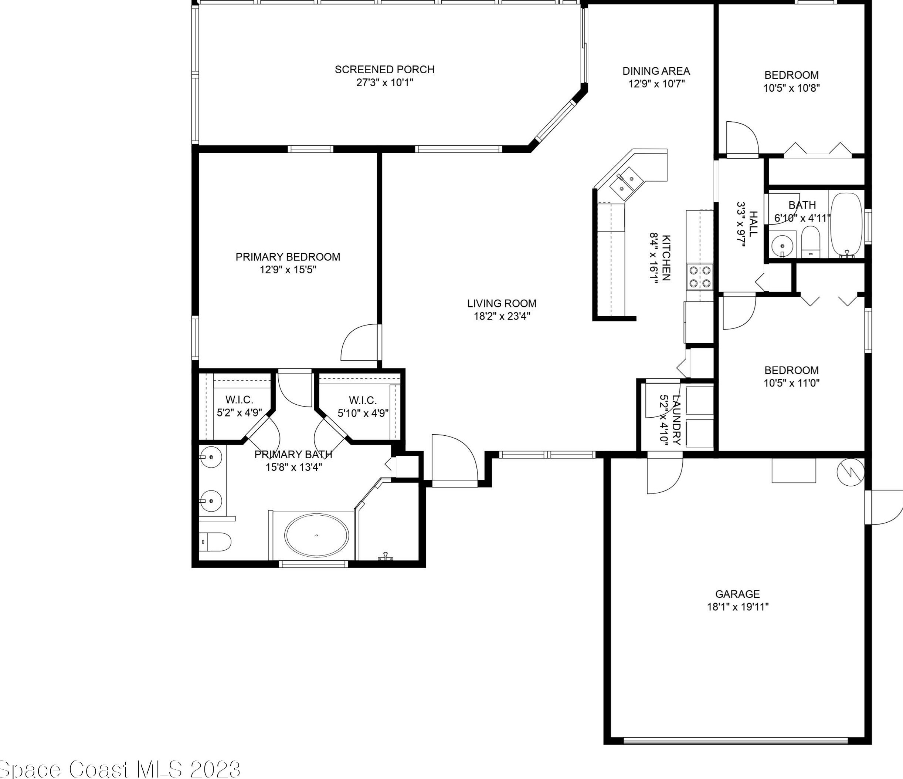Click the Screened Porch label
[x=384, y=69]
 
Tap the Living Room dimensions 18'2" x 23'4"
[x=502, y=316]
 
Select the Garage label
[x=737, y=594]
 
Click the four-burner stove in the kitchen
[x=700, y=277]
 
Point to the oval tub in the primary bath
[x=316, y=535]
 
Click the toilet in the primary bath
[x=215, y=542]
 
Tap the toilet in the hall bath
[x=811, y=242]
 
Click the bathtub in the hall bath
[x=846, y=225]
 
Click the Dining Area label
[x=656, y=71]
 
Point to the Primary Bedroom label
[x=288, y=256]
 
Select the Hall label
[x=753, y=223]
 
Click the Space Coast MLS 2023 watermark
[x=120, y=769]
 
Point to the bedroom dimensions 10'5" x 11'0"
[x=791, y=383]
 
